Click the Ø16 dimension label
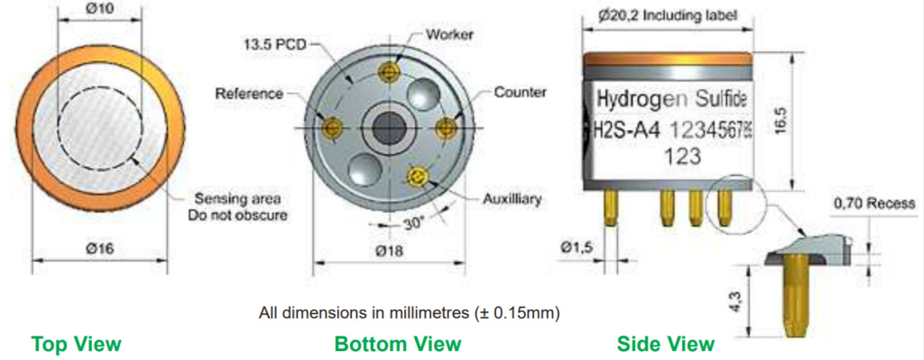[x=99, y=248]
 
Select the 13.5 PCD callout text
[x=273, y=44]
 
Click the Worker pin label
[x=449, y=34]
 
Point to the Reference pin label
[x=249, y=94]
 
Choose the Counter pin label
[x=521, y=93]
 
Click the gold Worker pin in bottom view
[x=388, y=72]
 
